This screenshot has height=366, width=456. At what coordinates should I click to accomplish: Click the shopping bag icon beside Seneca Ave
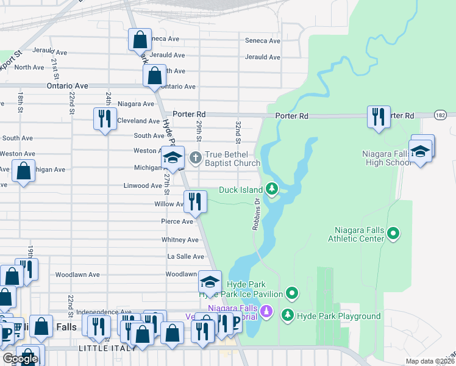(x=140, y=40)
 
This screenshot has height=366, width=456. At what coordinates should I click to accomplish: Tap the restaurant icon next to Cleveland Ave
(x=104, y=118)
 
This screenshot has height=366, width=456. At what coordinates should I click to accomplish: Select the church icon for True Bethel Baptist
(x=195, y=157)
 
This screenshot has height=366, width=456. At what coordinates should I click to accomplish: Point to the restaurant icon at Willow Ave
(x=194, y=201)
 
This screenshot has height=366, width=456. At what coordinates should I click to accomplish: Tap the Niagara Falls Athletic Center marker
(x=394, y=233)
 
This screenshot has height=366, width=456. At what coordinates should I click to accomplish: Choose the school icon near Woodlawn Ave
(x=210, y=282)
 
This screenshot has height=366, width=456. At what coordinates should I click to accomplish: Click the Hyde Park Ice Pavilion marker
(x=292, y=295)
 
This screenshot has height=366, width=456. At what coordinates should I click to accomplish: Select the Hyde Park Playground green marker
(x=287, y=315)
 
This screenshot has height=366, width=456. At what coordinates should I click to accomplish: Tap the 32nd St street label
(x=237, y=129)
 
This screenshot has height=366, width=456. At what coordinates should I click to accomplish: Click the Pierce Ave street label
(x=177, y=221)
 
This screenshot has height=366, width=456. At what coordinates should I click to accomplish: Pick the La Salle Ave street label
(x=181, y=257)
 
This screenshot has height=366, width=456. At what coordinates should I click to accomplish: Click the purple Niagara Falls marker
(x=266, y=313)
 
